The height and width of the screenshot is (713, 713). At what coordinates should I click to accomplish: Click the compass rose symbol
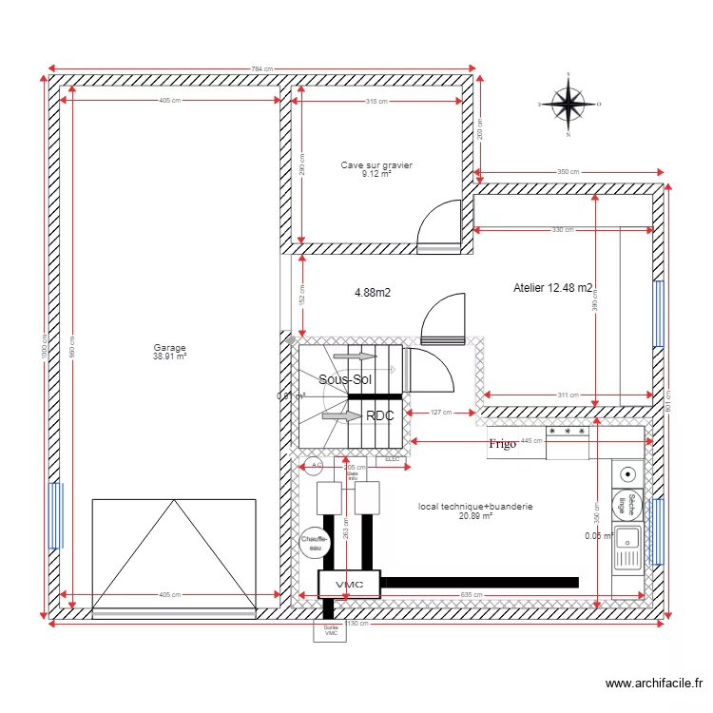pyautogui.click(x=568, y=104)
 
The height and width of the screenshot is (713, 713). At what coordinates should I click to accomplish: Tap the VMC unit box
pyautogui.click(x=349, y=583)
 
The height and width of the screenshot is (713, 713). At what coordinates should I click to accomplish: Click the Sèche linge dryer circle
pyautogui.click(x=626, y=506)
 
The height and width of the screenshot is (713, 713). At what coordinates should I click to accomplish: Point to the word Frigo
pyautogui.click(x=502, y=444)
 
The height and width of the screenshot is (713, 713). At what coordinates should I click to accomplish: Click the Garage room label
pyautogui.click(x=170, y=352)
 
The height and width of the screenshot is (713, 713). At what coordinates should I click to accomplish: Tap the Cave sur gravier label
pyautogui.click(x=376, y=169)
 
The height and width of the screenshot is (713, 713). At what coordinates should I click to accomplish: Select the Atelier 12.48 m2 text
pyautogui.click(x=553, y=288)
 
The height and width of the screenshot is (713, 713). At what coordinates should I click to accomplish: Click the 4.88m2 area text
pyautogui.click(x=373, y=293)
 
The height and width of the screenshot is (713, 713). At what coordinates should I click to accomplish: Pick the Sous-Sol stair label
pyautogui.click(x=344, y=379)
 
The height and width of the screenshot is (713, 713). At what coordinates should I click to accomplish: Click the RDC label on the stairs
pyautogui.click(x=379, y=415)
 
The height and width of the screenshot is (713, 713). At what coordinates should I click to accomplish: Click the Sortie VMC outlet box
pyautogui.click(x=331, y=631)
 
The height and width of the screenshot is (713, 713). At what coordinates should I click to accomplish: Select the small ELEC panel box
pyautogui.click(x=393, y=459)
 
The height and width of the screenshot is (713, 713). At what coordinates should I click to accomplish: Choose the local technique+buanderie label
pyautogui.click(x=475, y=511)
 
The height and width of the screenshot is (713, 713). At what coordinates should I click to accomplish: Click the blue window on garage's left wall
pyautogui.click(x=55, y=515)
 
